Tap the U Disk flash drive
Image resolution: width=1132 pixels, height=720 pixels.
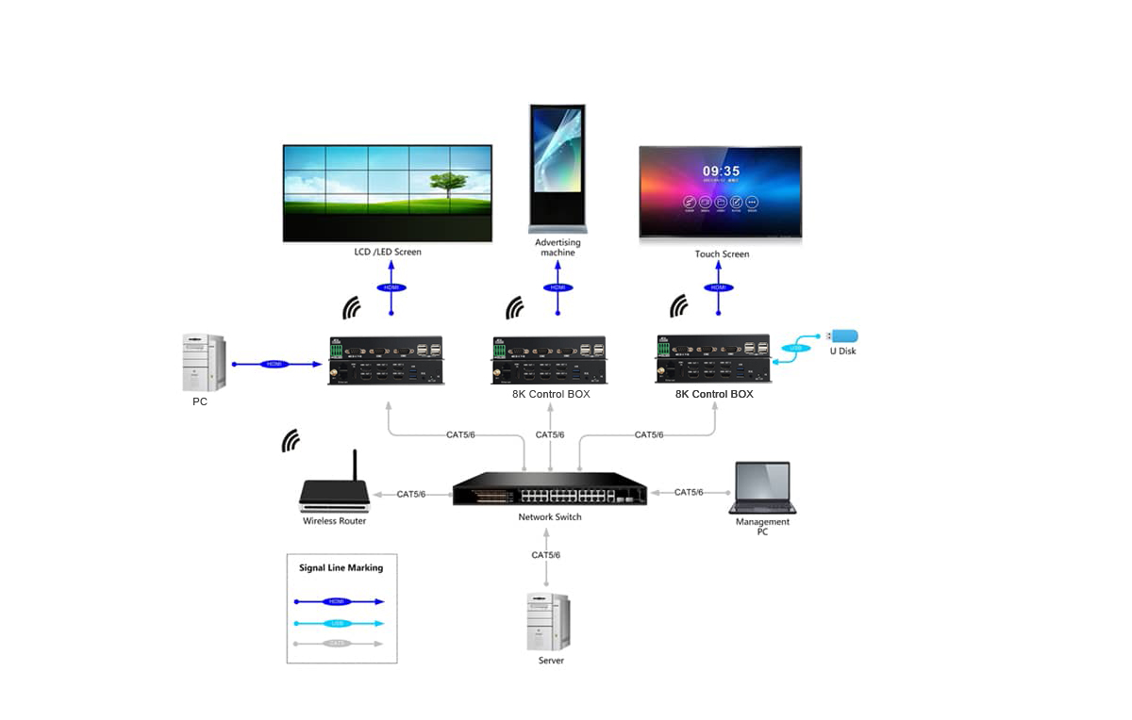click(x=842, y=335)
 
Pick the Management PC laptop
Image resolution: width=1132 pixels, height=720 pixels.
click(x=763, y=487)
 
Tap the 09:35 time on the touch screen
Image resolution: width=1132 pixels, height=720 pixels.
click(x=721, y=172)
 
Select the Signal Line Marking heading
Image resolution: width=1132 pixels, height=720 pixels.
click(x=341, y=567)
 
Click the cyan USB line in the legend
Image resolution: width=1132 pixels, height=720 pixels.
click(x=339, y=623)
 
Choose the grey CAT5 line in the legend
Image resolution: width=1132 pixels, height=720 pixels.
click(x=339, y=644)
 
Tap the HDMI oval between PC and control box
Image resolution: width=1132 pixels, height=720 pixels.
click(x=274, y=363)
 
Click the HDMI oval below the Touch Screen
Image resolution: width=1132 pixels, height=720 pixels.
click(x=720, y=287)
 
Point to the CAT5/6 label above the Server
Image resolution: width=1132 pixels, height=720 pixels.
click(x=545, y=555)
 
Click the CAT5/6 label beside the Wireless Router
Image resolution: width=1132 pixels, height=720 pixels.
click(x=411, y=494)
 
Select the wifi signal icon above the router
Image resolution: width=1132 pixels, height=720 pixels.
click(x=291, y=440)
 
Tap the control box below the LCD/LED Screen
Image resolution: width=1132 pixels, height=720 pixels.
click(x=387, y=361)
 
